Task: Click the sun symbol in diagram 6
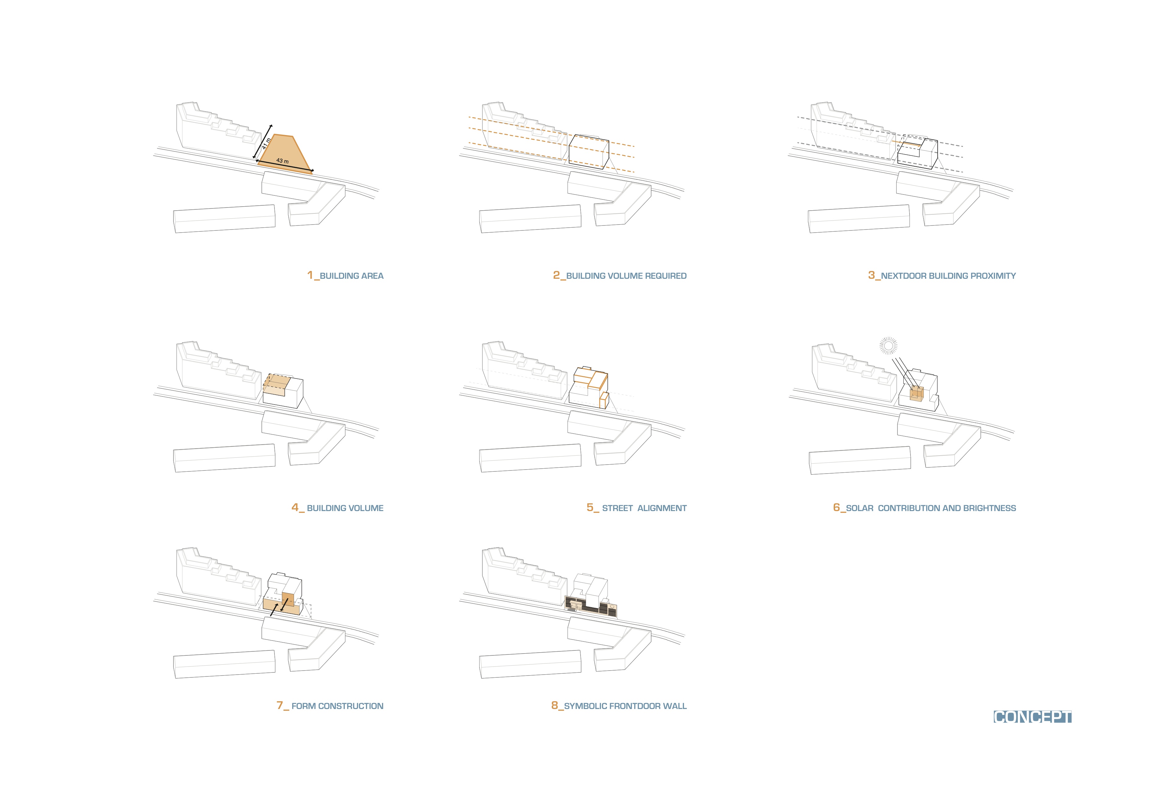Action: [888, 345]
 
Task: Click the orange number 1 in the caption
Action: [310, 275]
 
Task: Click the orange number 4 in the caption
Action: [295, 507]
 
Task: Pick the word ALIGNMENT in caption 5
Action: [662, 508]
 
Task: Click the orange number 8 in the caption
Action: [555, 705]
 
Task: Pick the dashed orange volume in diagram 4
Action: [275, 384]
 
